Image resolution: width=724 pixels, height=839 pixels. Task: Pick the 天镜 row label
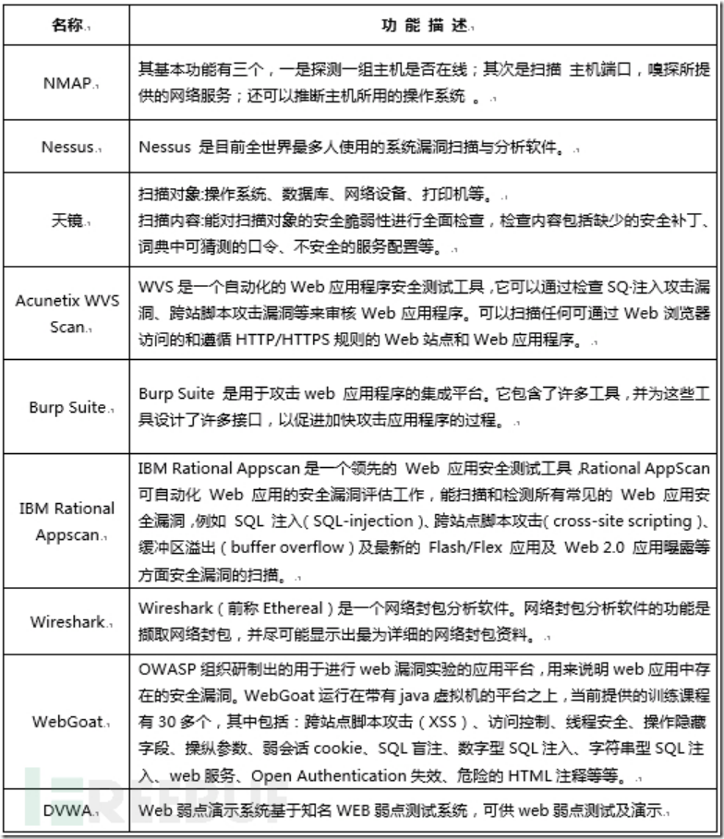[x=66, y=220]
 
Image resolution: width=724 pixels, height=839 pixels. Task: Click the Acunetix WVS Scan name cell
[x=67, y=314]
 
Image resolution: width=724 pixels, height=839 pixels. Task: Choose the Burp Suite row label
[x=67, y=407]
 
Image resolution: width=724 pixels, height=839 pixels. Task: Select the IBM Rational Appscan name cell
[x=67, y=521]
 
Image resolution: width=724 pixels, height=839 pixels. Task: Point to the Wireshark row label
[x=67, y=621]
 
